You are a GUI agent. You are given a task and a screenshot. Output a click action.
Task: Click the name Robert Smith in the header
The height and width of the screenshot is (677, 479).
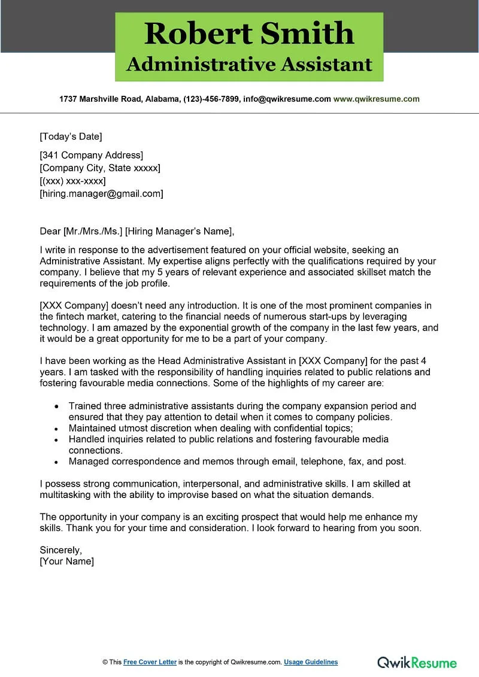pyautogui.click(x=249, y=34)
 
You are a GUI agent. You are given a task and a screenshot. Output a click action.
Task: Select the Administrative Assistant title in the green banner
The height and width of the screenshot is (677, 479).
pyautogui.click(x=249, y=64)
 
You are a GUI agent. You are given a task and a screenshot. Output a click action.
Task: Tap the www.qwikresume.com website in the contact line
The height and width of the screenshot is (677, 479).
pyautogui.click(x=376, y=99)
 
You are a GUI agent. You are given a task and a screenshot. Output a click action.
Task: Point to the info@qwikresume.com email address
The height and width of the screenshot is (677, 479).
pyautogui.click(x=286, y=99)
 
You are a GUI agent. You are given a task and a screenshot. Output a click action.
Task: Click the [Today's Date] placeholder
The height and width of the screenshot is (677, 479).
pyautogui.click(x=71, y=136)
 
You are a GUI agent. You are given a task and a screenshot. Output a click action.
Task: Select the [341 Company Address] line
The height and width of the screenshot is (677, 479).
pyautogui.click(x=91, y=156)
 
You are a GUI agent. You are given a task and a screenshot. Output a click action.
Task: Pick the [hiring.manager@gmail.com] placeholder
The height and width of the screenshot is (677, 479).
pyautogui.click(x=101, y=193)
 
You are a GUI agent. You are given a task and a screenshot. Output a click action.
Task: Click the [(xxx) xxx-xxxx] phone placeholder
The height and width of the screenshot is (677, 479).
pyautogui.click(x=72, y=181)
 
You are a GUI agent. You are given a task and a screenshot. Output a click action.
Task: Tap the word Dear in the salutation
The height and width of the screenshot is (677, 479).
pyautogui.click(x=50, y=231)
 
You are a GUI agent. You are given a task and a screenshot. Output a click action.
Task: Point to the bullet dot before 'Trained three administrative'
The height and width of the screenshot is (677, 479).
pyautogui.click(x=56, y=406)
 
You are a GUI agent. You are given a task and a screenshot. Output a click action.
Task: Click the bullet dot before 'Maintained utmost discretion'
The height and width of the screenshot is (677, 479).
pyautogui.click(x=56, y=429)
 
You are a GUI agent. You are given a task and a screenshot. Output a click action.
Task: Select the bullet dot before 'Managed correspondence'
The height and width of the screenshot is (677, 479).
pyautogui.click(x=56, y=462)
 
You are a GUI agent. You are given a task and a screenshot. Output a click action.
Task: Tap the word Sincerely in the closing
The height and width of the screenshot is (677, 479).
pyautogui.click(x=60, y=550)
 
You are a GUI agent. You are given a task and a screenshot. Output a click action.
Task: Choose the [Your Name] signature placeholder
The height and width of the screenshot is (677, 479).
pyautogui.click(x=66, y=561)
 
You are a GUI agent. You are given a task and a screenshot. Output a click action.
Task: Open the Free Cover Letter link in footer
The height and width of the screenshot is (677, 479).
pyautogui.click(x=150, y=662)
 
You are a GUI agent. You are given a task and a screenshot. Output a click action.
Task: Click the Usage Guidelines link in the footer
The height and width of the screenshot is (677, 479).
pyautogui.click(x=311, y=662)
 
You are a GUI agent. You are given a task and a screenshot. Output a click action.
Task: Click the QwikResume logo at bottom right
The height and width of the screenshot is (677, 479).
pyautogui.click(x=417, y=662)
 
